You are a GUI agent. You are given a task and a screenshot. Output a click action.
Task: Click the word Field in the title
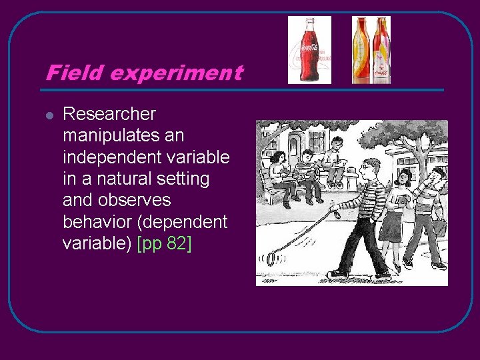[x=69, y=73]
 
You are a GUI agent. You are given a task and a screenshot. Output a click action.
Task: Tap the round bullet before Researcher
[x=49, y=115]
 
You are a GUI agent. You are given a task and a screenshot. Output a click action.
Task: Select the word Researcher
[x=109, y=114]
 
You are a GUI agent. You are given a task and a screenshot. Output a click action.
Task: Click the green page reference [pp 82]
[x=164, y=243]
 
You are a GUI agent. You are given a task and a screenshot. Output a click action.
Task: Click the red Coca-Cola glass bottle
[x=309, y=49]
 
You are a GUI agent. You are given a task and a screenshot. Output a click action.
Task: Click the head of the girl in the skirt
[x=403, y=177]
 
